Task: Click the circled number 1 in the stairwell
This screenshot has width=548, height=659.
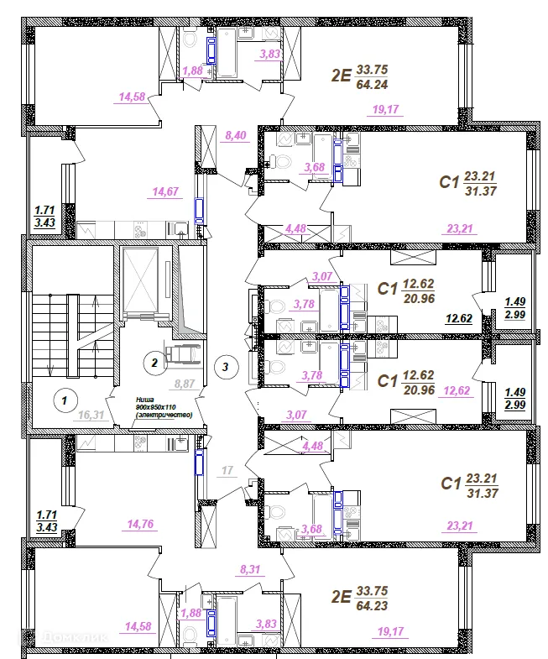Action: [x=62, y=401]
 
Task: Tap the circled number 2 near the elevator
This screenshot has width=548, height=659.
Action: [x=153, y=363]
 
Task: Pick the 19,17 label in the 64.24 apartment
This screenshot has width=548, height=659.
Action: [x=385, y=107]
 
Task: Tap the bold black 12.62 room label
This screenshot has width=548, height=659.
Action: [x=458, y=318]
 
